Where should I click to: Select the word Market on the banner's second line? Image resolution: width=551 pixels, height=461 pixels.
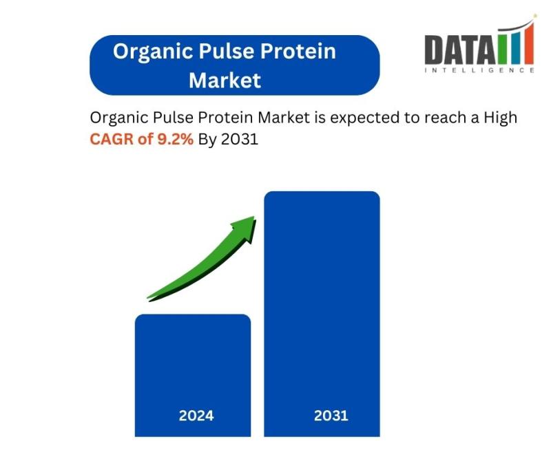tap(225, 81)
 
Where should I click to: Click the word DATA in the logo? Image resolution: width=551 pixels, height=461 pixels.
tap(459, 50)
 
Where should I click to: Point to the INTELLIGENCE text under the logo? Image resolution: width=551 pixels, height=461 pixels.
tap(479, 70)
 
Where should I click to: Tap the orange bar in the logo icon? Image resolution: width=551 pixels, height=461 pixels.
tap(528, 43)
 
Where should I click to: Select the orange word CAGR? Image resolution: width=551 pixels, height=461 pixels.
tap(112, 139)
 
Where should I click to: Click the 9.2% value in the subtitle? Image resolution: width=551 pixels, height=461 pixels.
tap(175, 139)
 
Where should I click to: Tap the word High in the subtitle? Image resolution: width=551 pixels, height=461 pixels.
tap(501, 118)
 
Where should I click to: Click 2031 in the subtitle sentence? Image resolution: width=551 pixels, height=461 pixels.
tap(240, 139)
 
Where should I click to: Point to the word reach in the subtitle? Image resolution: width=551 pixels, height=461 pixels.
tap(445, 117)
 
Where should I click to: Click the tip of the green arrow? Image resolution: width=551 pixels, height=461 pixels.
tap(254, 217)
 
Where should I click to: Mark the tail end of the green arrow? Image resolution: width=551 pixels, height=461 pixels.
tap(147, 299)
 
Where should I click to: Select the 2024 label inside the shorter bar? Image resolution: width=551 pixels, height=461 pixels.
tap(196, 416)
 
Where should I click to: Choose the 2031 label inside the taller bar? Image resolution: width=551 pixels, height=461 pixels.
tap(331, 416)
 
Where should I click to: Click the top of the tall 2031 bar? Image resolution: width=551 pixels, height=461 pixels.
tap(322, 192)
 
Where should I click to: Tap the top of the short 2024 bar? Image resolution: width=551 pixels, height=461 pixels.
tap(193, 314)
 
